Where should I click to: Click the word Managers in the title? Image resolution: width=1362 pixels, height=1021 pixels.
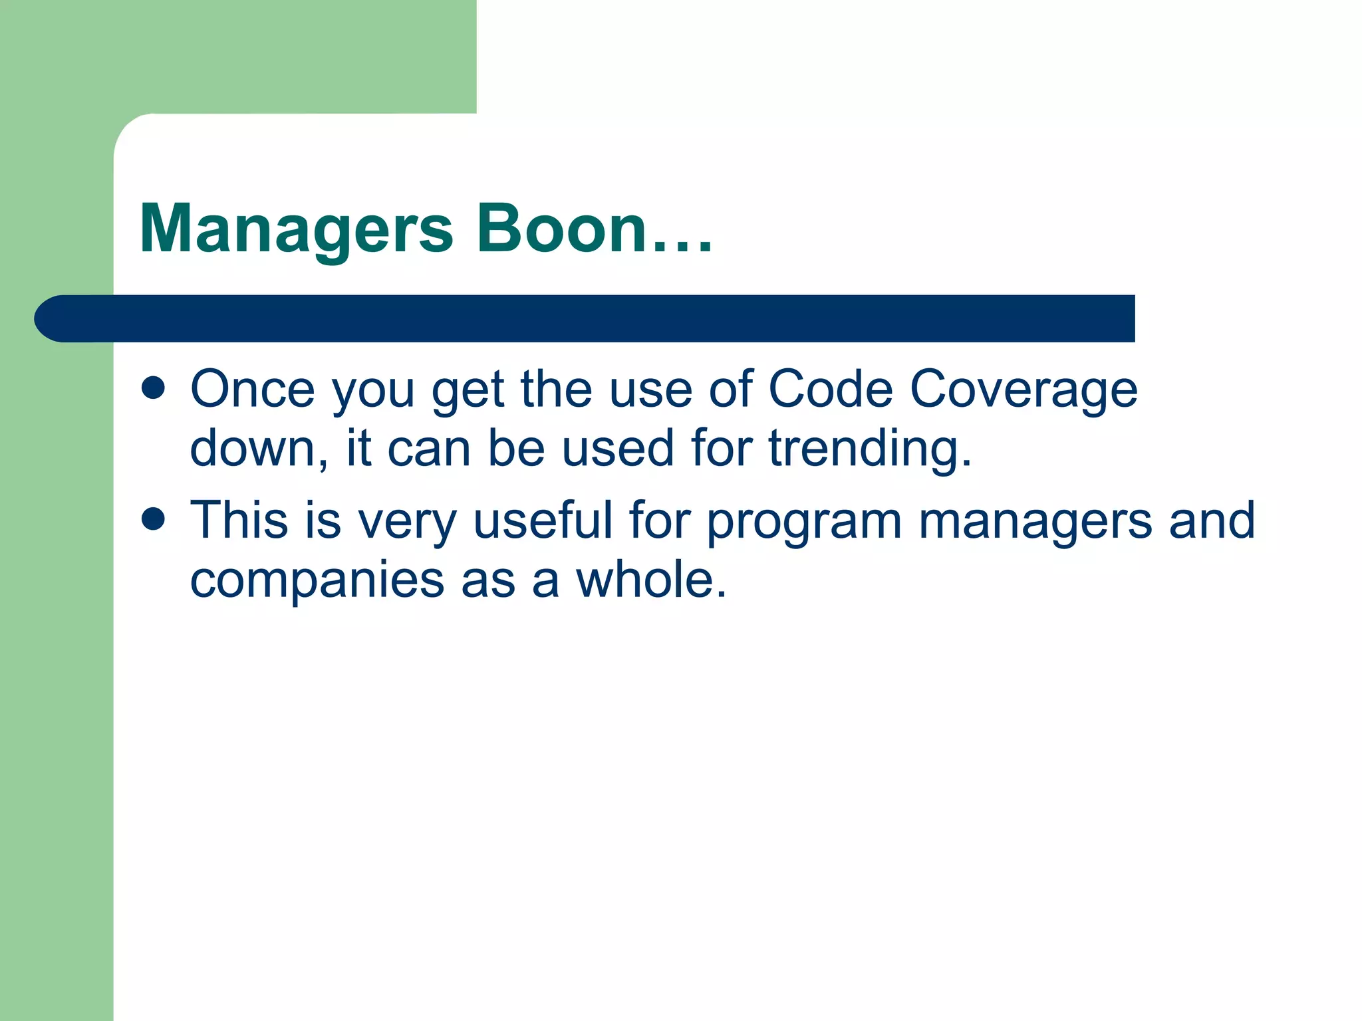(297, 229)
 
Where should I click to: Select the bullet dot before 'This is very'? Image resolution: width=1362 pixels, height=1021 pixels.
(153, 519)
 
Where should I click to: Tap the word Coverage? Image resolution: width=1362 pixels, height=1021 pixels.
(1023, 391)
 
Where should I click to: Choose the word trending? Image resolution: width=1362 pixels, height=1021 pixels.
(870, 449)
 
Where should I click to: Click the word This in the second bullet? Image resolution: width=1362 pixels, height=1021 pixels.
(239, 520)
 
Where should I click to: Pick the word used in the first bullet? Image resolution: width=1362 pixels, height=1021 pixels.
(618, 449)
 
